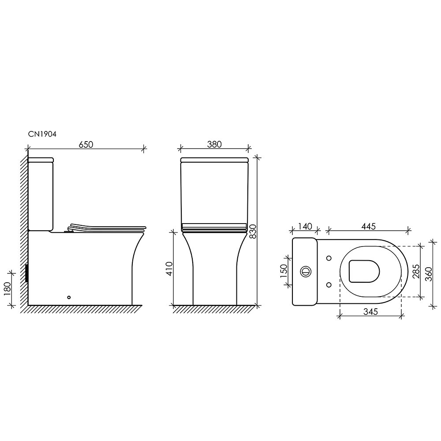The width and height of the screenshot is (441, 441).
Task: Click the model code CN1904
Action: tap(42, 134)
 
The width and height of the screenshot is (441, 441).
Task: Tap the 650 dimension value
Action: tap(86, 144)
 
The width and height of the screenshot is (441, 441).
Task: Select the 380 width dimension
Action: tap(214, 144)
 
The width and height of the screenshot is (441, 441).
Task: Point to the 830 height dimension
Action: tap(253, 231)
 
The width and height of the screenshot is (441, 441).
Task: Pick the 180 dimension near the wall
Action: tap(7, 288)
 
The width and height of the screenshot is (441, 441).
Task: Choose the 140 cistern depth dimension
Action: tap(305, 226)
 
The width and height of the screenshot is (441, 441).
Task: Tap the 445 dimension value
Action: tap(368, 226)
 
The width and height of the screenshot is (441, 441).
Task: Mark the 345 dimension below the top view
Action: tap(371, 312)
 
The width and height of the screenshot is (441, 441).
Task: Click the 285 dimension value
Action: tap(416, 271)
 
